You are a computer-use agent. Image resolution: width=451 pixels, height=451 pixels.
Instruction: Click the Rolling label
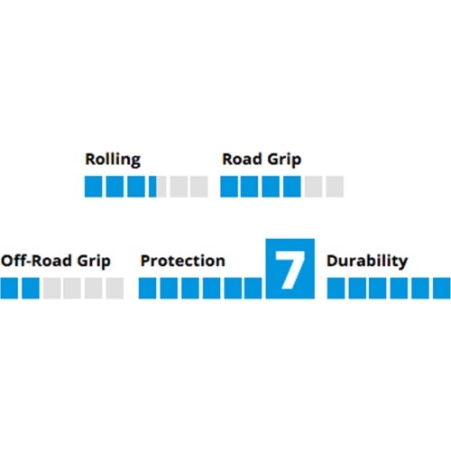tap(113, 160)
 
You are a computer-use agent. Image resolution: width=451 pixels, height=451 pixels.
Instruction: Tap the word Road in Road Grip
tap(242, 160)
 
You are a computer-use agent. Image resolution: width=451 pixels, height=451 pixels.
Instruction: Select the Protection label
tap(183, 261)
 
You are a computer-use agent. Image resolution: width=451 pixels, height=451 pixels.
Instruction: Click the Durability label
tap(367, 261)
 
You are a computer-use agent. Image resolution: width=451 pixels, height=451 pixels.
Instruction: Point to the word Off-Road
tap(36, 261)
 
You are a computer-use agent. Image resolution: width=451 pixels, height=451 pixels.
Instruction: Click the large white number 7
tap(290, 270)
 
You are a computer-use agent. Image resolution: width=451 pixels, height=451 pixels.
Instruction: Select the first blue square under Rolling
tap(93, 187)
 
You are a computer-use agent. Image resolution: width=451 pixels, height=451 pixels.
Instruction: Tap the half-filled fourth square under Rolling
tap(158, 187)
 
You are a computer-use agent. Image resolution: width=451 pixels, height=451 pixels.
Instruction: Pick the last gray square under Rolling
tap(199, 187)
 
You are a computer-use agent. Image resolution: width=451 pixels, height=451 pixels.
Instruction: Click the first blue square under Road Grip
tap(229, 187)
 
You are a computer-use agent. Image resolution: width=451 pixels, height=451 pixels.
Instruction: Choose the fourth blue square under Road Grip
tap(292, 187)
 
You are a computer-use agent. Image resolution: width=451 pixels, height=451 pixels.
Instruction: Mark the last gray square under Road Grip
tap(335, 187)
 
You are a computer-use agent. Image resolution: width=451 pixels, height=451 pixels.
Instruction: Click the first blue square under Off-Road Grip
tap(9, 288)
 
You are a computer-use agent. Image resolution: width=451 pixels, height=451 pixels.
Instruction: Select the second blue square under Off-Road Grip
tap(31, 288)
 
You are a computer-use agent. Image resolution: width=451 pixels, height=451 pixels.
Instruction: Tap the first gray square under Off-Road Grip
tap(51, 288)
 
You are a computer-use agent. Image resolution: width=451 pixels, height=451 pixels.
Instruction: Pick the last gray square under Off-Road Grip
tap(115, 288)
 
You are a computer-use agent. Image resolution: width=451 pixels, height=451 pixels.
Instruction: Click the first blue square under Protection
tap(147, 288)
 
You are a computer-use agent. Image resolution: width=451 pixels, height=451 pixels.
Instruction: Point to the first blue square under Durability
tap(336, 288)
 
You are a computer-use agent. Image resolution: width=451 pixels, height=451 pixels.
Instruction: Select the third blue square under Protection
tap(190, 288)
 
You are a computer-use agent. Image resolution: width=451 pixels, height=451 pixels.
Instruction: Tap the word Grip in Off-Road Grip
tap(94, 262)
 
